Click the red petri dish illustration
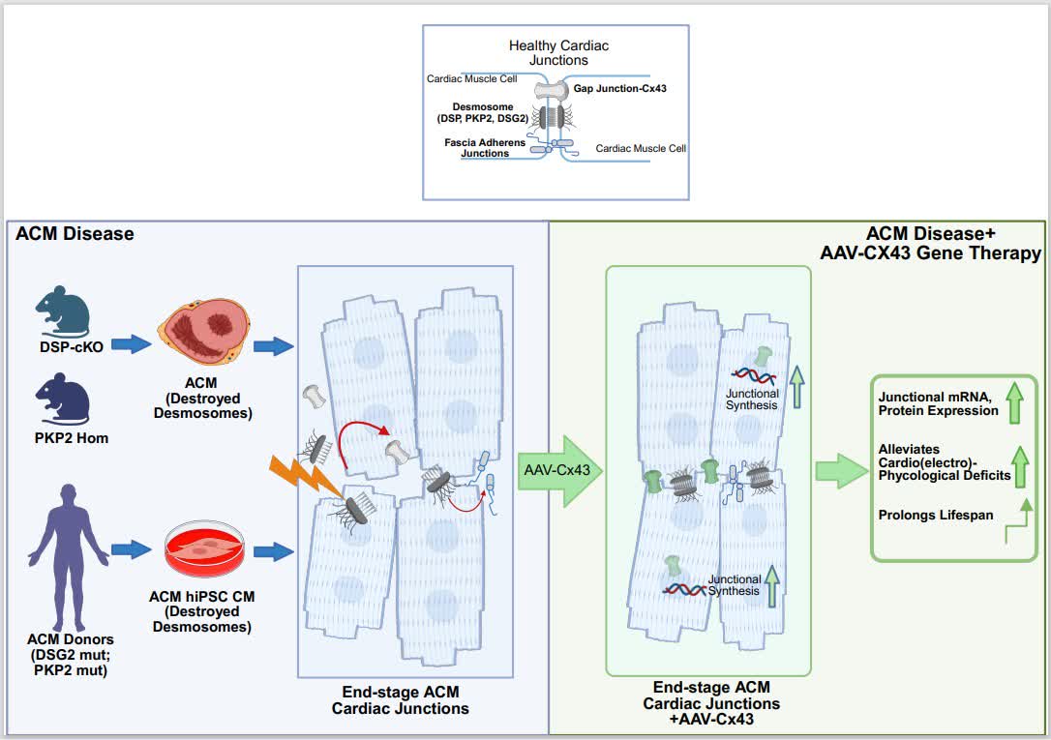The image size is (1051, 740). (x=202, y=549)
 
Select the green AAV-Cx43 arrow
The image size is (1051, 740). (x=560, y=470)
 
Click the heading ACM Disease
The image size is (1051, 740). (x=75, y=234)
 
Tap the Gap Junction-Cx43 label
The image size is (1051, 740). (x=626, y=89)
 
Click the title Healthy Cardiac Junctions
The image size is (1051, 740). (x=558, y=53)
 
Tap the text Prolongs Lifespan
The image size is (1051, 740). (x=935, y=515)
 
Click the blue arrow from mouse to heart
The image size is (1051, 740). (x=126, y=342)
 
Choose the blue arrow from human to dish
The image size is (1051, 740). (x=126, y=550)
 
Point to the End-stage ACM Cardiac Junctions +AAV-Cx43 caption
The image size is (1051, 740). (x=711, y=703)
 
